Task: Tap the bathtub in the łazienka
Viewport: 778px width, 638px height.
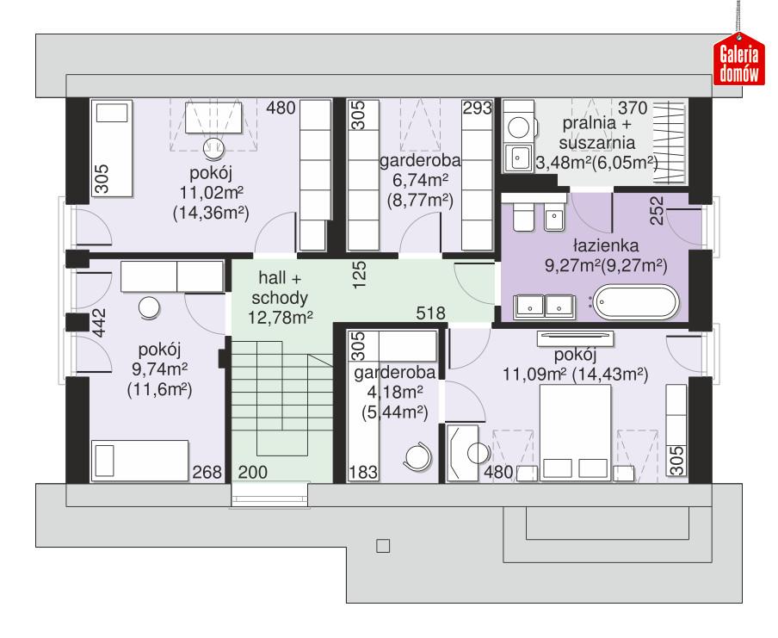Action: [x=637, y=305]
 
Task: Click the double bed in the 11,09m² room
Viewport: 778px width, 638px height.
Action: [x=574, y=430]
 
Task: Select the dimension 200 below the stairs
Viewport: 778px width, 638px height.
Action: [x=252, y=471]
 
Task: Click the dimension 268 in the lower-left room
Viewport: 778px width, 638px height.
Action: [x=208, y=471]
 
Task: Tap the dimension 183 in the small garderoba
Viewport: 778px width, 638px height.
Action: [x=362, y=471]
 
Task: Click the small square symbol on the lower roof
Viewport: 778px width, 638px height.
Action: [x=384, y=545]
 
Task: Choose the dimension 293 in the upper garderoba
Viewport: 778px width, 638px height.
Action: [x=476, y=108]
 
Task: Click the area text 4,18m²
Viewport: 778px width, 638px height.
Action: [x=392, y=393]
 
